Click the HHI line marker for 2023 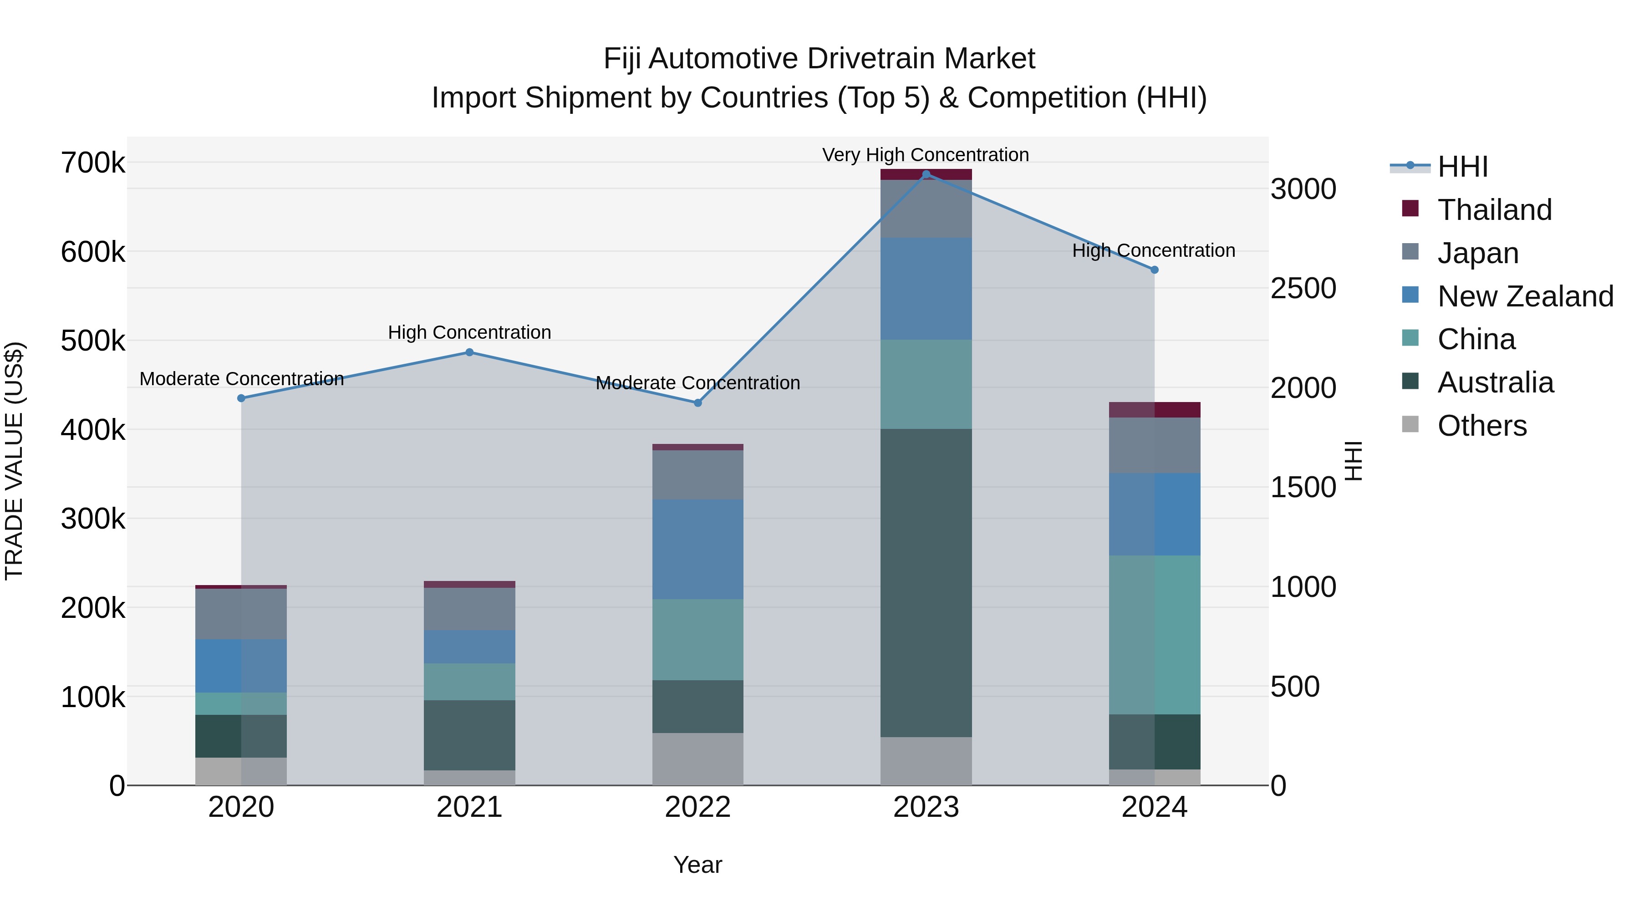pyautogui.click(x=926, y=174)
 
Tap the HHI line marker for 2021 pyautogui.click(x=469, y=352)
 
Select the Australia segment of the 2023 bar pyautogui.click(x=926, y=582)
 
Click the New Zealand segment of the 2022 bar pyautogui.click(x=697, y=549)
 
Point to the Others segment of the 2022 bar pyautogui.click(x=697, y=759)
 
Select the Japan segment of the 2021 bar pyautogui.click(x=469, y=609)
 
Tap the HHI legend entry pyautogui.click(x=1462, y=167)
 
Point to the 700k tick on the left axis pyautogui.click(x=93, y=163)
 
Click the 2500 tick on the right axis pyautogui.click(x=1303, y=289)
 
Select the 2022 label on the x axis pyautogui.click(x=697, y=807)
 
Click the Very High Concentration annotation pyautogui.click(x=925, y=155)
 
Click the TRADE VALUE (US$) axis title pyautogui.click(x=14, y=461)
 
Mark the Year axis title pyautogui.click(x=697, y=865)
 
